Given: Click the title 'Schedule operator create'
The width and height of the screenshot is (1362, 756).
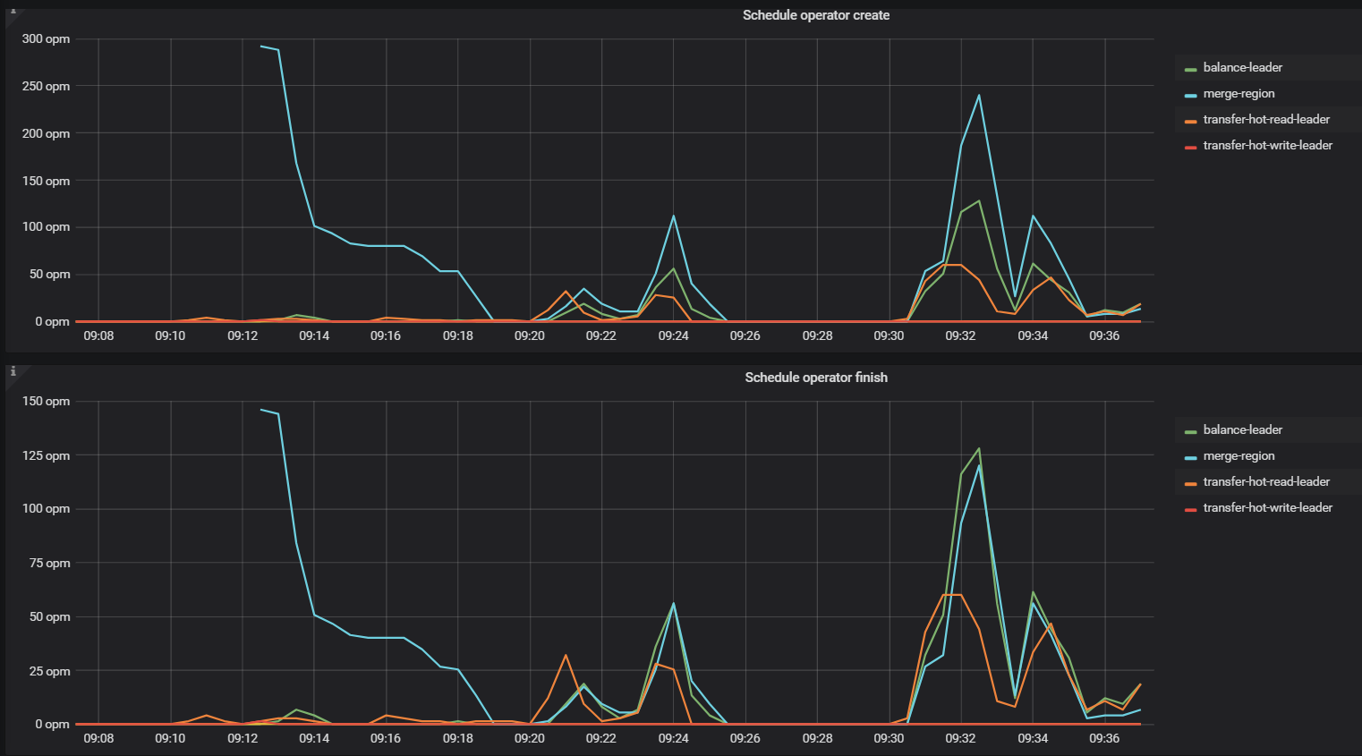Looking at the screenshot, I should pyautogui.click(x=815, y=15).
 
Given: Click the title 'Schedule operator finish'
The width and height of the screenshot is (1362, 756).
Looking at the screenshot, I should pyautogui.click(x=815, y=378).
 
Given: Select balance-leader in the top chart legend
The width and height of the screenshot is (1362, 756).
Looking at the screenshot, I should pyautogui.click(x=1242, y=68).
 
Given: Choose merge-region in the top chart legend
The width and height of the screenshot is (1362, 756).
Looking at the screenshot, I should pyautogui.click(x=1239, y=94).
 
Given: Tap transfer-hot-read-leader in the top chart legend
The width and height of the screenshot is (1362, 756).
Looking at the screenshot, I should pyautogui.click(x=1265, y=120).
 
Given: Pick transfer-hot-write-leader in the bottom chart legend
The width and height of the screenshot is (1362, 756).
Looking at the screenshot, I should pyautogui.click(x=1267, y=508).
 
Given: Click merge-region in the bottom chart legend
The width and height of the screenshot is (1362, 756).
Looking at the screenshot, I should pyautogui.click(x=1239, y=456).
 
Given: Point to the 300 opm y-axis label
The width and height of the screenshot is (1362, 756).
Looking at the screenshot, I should pyautogui.click(x=46, y=39).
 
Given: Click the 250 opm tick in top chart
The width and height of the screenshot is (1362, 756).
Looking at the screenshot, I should pyautogui.click(x=46, y=87).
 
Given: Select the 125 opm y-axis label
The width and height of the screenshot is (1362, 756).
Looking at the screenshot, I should pyautogui.click(x=46, y=456).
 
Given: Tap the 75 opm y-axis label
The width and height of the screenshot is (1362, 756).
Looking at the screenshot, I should pyautogui.click(x=49, y=564).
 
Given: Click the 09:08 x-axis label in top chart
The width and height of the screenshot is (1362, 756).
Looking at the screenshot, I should pyautogui.click(x=98, y=336).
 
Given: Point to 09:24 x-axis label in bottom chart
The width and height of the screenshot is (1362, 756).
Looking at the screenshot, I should pyautogui.click(x=673, y=738).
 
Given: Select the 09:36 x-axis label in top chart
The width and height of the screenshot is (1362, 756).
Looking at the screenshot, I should pyautogui.click(x=1104, y=336).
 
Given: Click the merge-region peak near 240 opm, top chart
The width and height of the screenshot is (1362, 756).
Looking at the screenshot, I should pyautogui.click(x=979, y=95).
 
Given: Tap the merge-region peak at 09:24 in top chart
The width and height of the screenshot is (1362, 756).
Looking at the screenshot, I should pyautogui.click(x=674, y=216).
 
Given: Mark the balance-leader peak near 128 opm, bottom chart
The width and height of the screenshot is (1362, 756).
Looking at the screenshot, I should pyautogui.click(x=979, y=448).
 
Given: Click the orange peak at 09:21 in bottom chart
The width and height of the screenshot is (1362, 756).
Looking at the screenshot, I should pyautogui.click(x=566, y=655).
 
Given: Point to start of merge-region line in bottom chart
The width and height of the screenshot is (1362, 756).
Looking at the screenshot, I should pyautogui.click(x=260, y=410).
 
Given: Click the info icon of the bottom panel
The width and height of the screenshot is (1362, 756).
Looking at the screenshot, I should pyautogui.click(x=13, y=371).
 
